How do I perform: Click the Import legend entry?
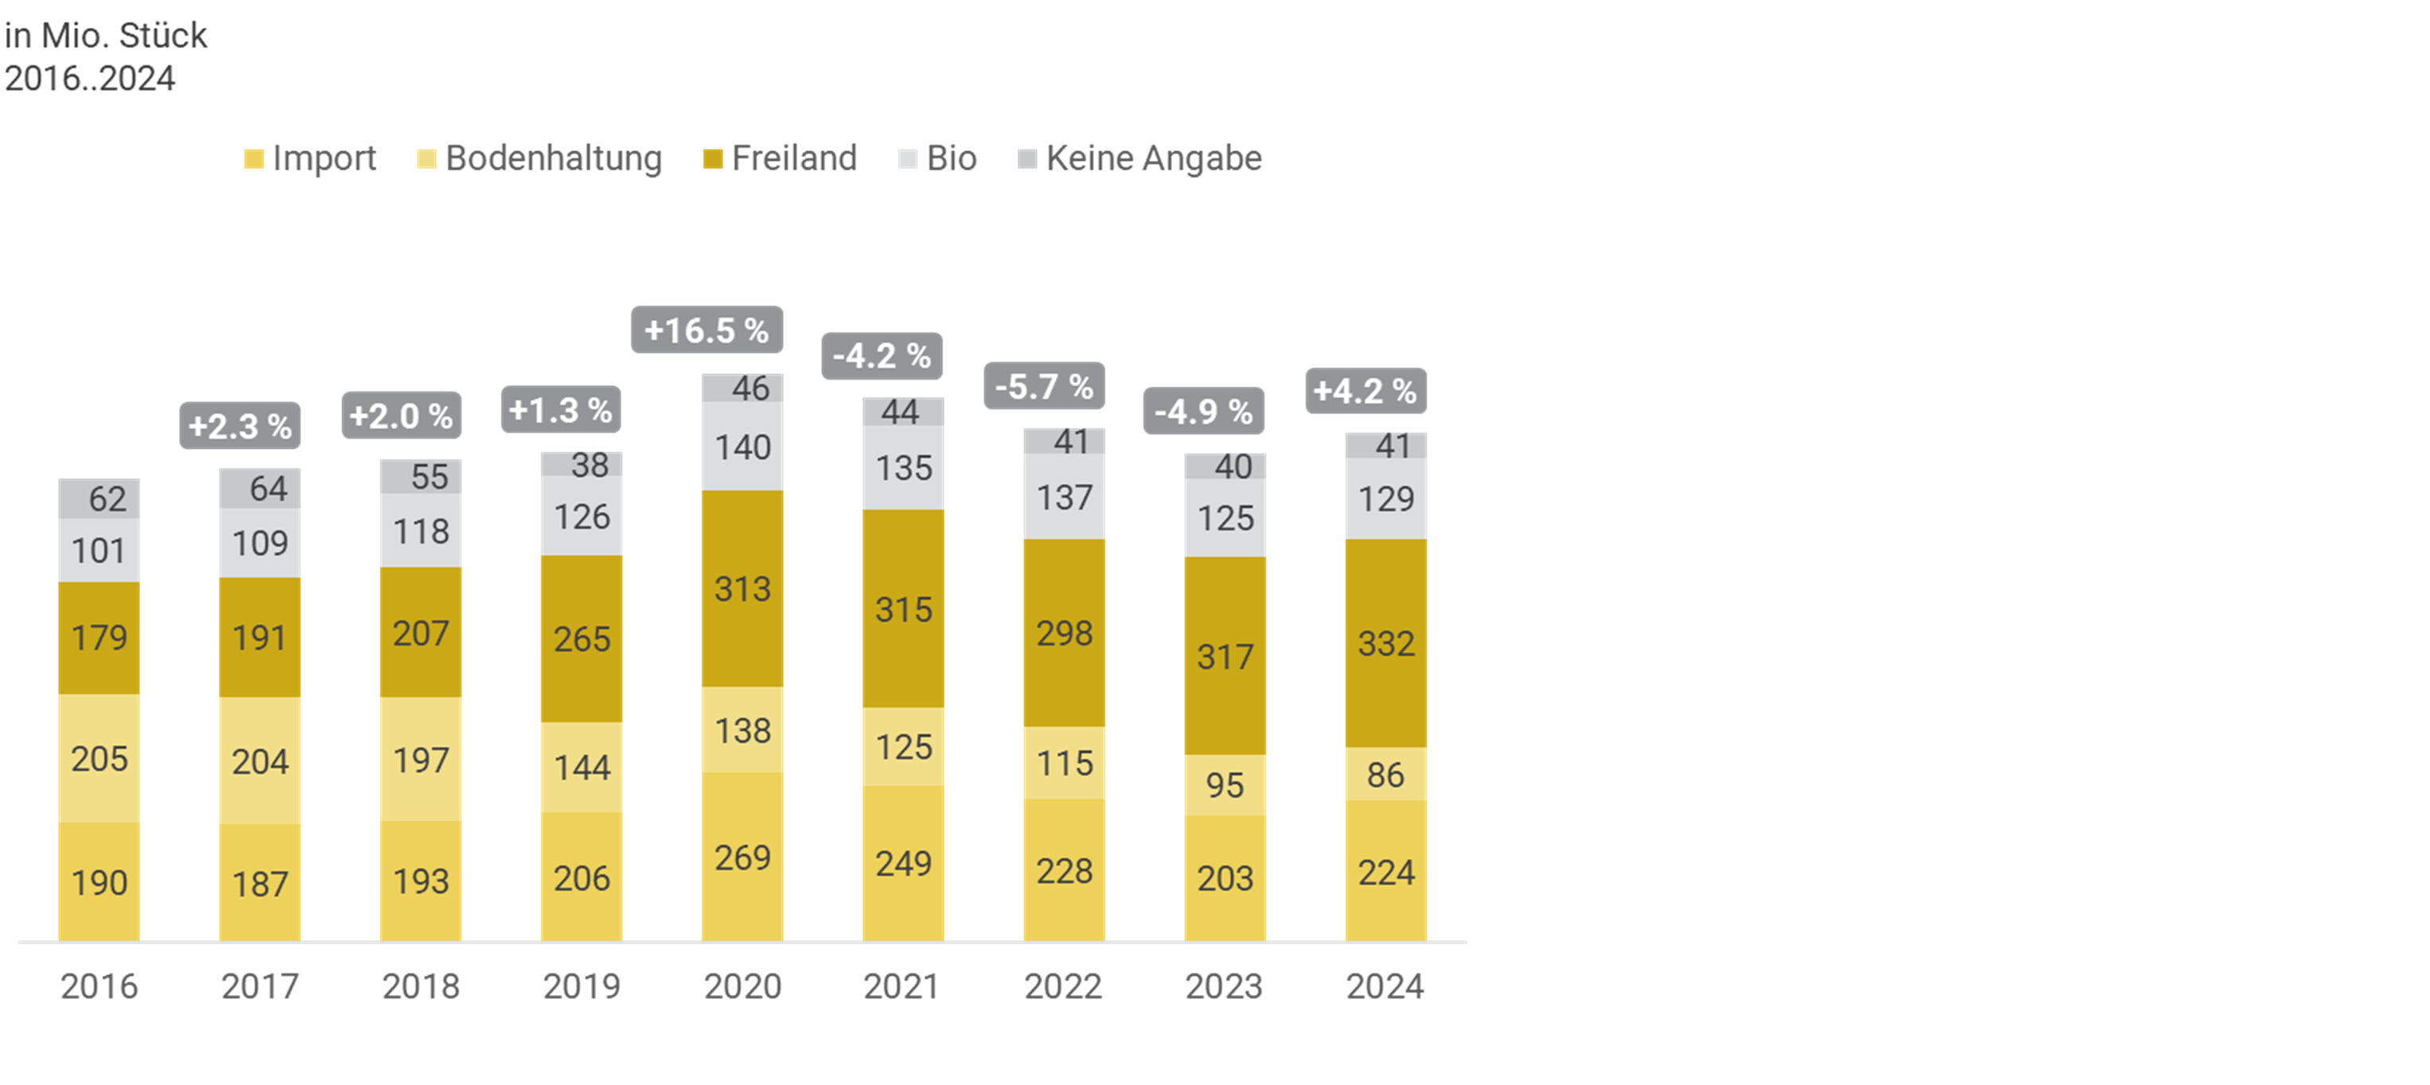310,158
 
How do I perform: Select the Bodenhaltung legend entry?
539,158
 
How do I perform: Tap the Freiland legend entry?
781,158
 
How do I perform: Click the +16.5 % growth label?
707,330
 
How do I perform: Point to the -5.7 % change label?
1043,387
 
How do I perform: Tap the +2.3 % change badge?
239,427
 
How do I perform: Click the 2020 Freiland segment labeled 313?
742,589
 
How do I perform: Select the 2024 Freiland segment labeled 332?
1386,643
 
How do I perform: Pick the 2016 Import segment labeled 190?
99,882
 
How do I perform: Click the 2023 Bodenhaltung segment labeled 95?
1225,784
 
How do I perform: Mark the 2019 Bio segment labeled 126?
581,516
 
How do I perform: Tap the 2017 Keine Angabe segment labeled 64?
260,489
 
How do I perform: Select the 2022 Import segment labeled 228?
1064,871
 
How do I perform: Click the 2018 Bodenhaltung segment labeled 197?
421,759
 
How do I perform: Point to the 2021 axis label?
902,986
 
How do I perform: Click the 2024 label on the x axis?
1384,986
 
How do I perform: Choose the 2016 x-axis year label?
99,986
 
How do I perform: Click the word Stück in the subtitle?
162,36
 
